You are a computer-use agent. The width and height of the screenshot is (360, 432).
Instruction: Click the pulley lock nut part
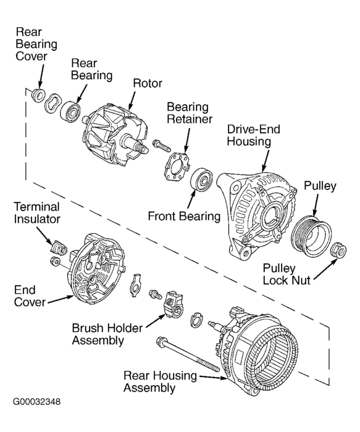337,250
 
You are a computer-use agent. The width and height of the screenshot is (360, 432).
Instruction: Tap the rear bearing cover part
38,95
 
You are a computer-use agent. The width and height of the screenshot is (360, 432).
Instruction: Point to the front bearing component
202,180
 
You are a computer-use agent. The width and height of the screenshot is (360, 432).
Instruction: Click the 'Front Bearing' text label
184,217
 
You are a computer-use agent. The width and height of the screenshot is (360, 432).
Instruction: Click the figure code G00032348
37,402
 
